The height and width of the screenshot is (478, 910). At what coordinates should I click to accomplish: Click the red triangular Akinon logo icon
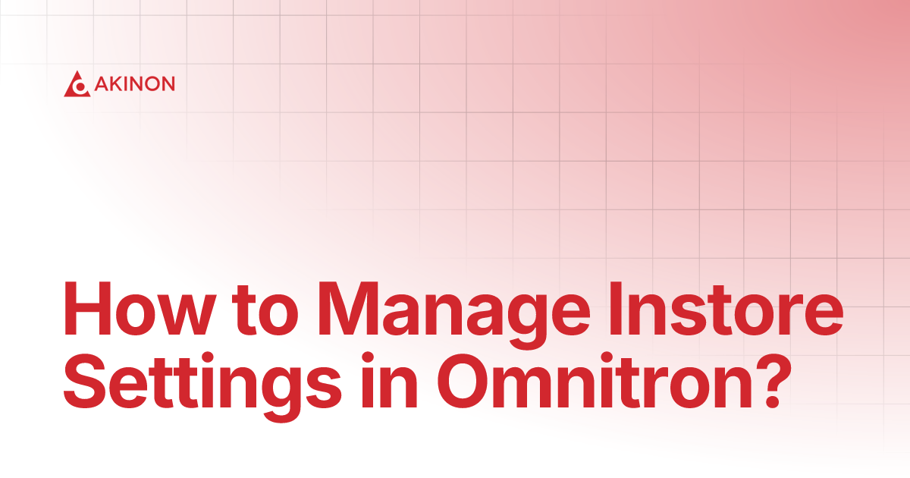coord(77,84)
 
